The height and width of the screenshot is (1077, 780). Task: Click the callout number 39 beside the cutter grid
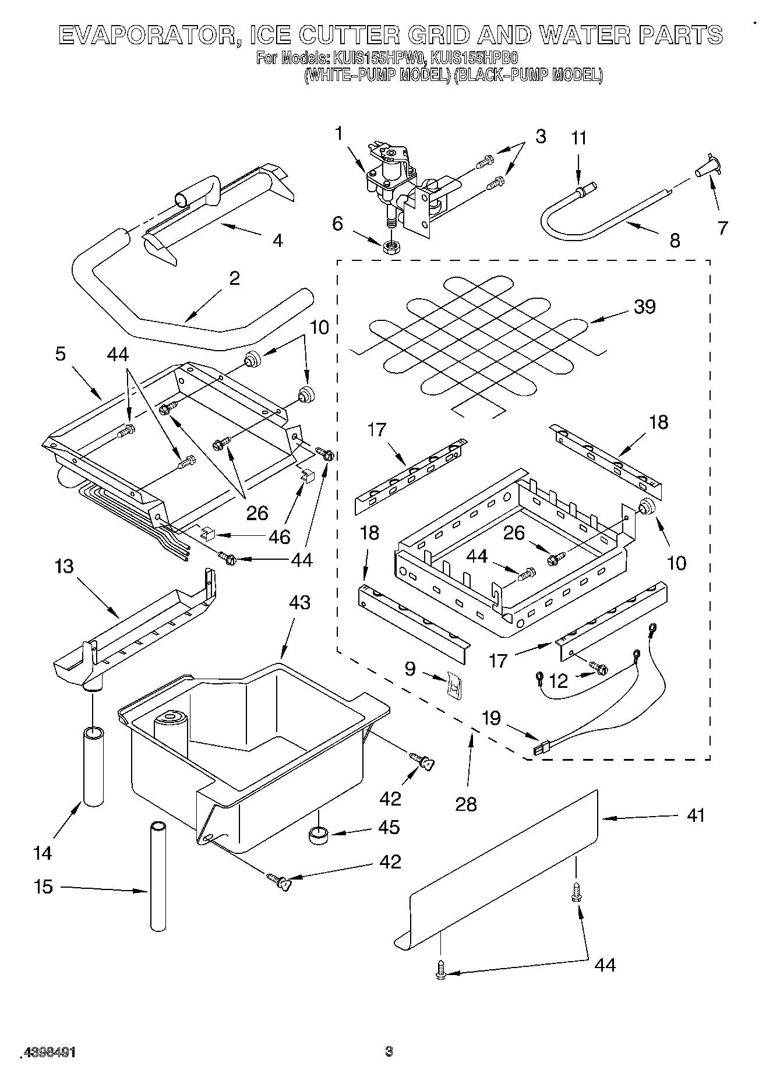tap(644, 306)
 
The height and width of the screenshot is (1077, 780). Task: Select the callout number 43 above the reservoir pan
tap(299, 602)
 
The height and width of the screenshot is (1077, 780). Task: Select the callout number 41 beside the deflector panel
tap(696, 815)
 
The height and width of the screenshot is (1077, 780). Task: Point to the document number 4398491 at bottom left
tap(49, 1052)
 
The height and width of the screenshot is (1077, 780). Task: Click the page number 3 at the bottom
tap(389, 1051)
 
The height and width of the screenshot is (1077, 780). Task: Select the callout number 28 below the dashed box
tap(466, 804)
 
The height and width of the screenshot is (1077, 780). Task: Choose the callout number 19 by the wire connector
tap(492, 718)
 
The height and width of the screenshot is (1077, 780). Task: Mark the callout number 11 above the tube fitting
tap(578, 139)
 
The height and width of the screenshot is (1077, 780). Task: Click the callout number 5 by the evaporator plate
tap(61, 354)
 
